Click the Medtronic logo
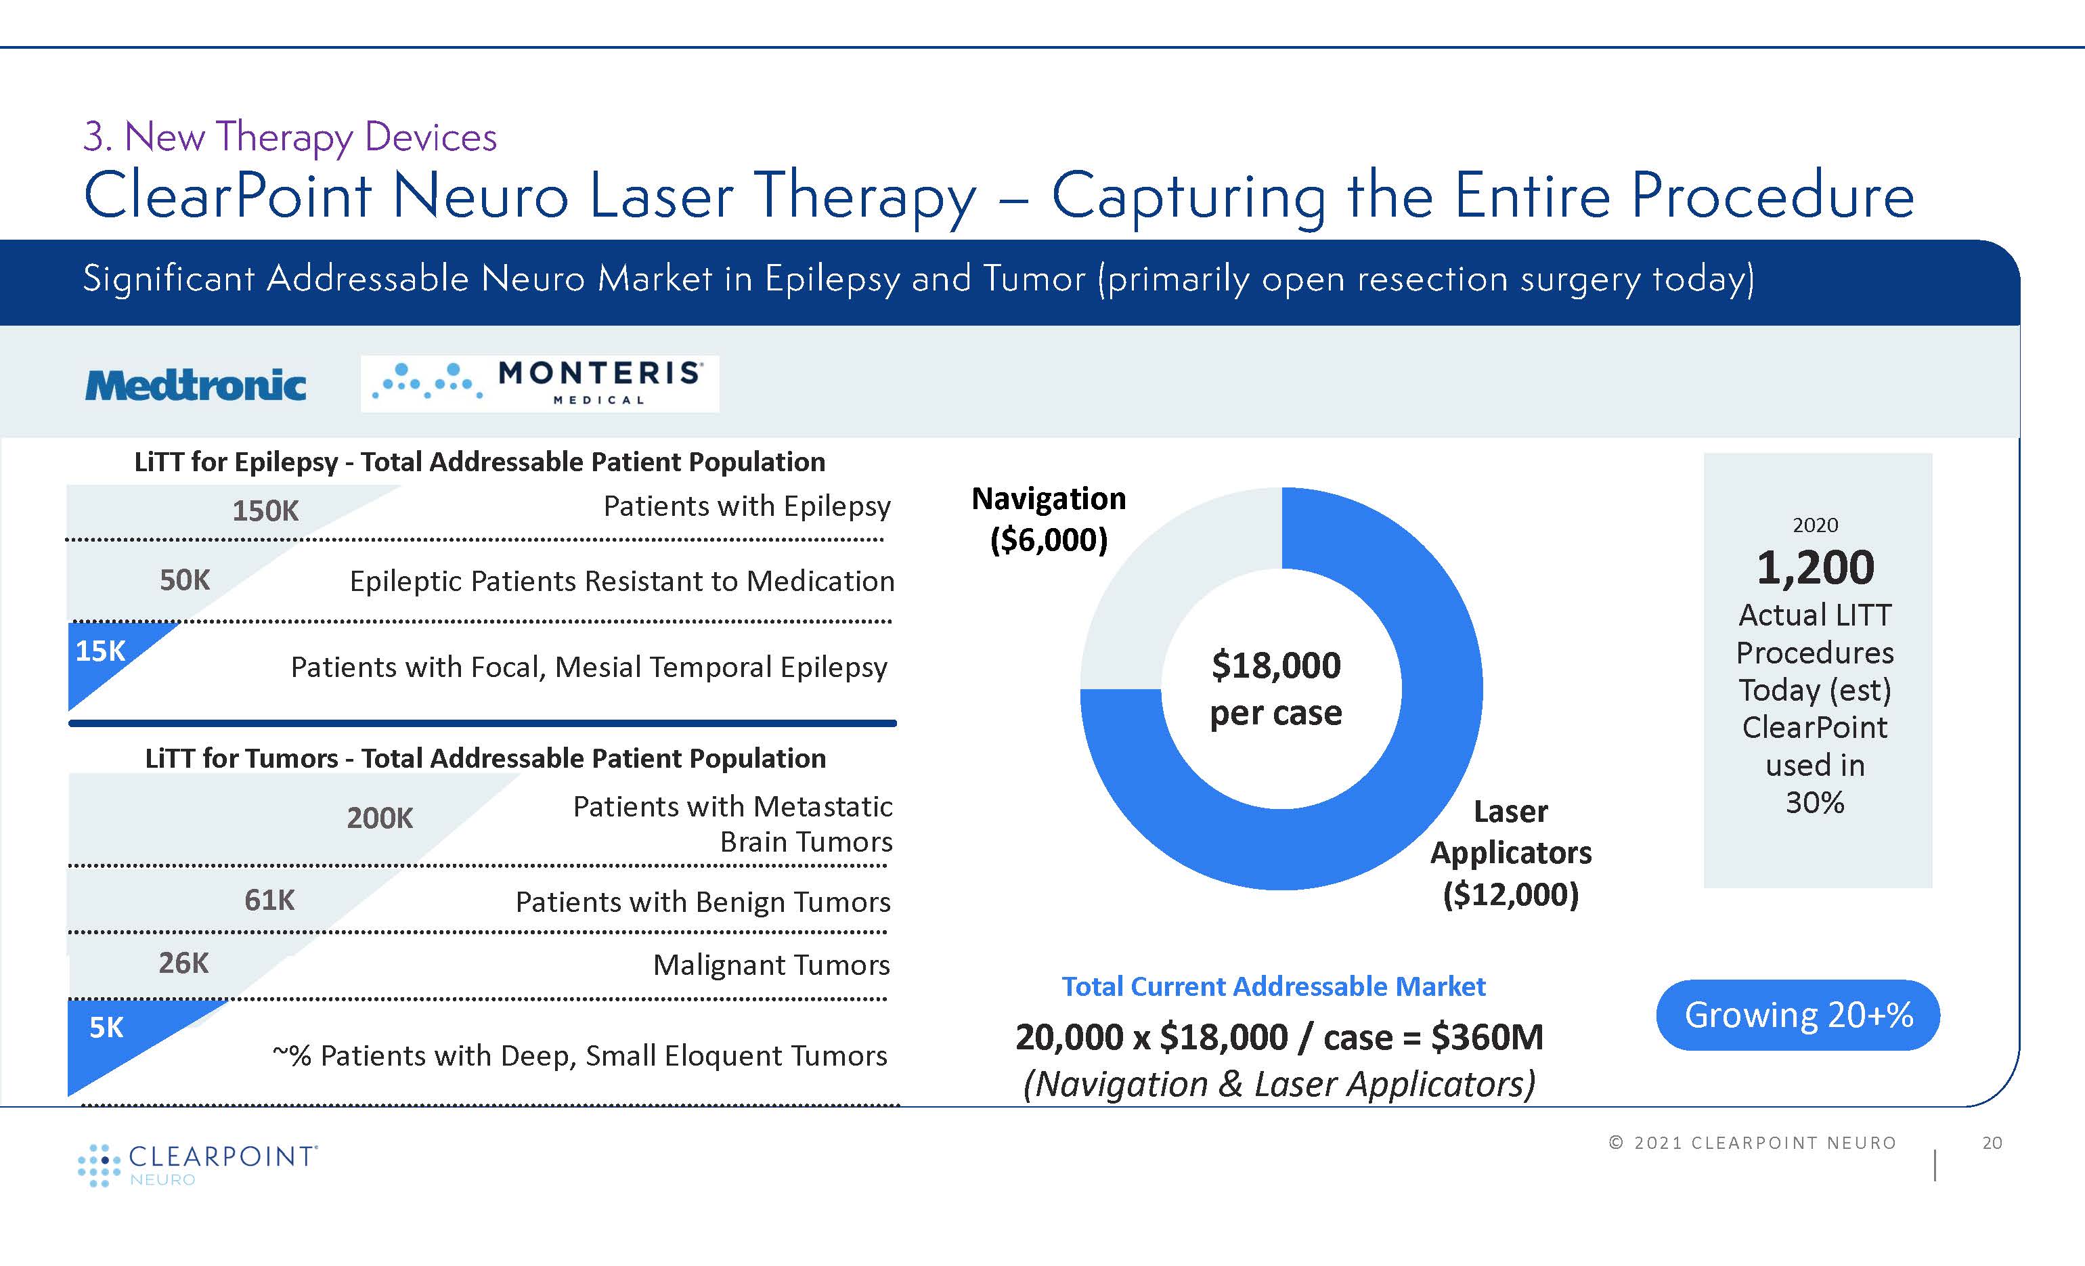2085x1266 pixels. [196, 385]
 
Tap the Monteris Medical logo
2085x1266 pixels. [540, 383]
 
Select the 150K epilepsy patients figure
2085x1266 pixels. [265, 510]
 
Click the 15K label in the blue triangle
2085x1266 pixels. [100, 651]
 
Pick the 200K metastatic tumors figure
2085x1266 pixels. [380, 818]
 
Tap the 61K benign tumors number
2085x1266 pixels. [269, 900]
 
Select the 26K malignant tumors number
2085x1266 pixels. [183, 963]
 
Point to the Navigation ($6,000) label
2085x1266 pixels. [1049, 519]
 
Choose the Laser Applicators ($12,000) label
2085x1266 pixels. [1511, 852]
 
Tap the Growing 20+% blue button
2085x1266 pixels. [1798, 1015]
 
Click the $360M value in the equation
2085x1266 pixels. [1487, 1036]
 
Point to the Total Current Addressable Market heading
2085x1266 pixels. [1273, 986]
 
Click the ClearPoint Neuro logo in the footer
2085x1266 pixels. [197, 1165]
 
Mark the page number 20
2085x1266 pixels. [1993, 1143]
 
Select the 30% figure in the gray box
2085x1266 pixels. [1815, 802]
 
